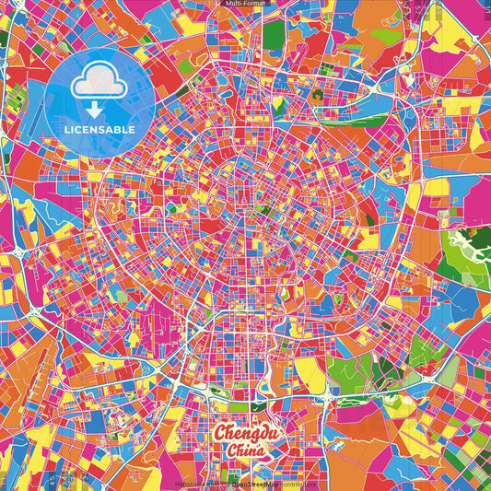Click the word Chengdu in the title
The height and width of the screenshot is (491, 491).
[x=244, y=434]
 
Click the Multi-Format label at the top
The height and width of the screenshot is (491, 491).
[x=245, y=4]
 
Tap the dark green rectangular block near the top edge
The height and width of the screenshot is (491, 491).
[x=274, y=34]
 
